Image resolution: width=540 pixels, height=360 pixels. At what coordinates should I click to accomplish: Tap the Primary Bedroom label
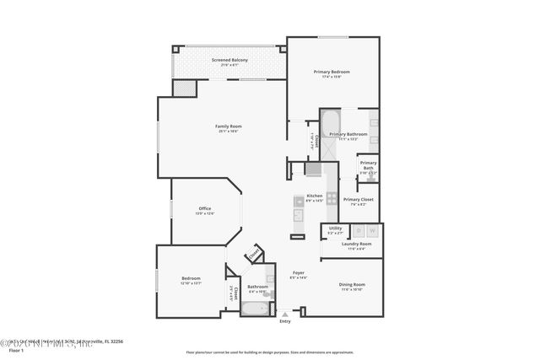pyautogui.click(x=333, y=72)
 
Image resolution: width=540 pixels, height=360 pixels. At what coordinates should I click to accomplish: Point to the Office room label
pyautogui.click(x=205, y=209)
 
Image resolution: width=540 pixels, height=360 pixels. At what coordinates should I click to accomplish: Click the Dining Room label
pyautogui.click(x=352, y=285)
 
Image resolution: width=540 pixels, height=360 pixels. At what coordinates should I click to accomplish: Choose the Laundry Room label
pyautogui.click(x=356, y=244)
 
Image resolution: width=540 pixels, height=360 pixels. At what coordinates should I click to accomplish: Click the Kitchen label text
pyautogui.click(x=314, y=196)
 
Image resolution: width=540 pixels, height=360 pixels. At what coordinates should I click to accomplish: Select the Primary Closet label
pyautogui.click(x=358, y=200)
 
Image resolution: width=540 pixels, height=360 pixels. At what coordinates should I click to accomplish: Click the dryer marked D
pyautogui.click(x=358, y=229)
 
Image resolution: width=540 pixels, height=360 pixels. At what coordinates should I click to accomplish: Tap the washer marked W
pyautogui.click(x=372, y=229)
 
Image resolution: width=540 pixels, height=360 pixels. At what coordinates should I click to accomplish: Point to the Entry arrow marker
pyautogui.click(x=285, y=314)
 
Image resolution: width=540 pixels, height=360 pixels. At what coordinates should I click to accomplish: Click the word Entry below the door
pyautogui.click(x=285, y=321)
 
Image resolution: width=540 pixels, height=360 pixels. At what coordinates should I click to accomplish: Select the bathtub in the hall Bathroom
pyautogui.click(x=255, y=309)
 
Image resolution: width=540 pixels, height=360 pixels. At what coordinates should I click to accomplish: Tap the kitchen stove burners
pyautogui.click(x=332, y=199)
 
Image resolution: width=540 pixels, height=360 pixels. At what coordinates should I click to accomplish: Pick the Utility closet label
pyautogui.click(x=334, y=228)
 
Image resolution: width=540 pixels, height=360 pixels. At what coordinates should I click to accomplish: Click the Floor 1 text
pyautogui.click(x=13, y=350)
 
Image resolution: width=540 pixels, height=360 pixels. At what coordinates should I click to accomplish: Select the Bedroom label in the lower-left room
pyautogui.click(x=191, y=279)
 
